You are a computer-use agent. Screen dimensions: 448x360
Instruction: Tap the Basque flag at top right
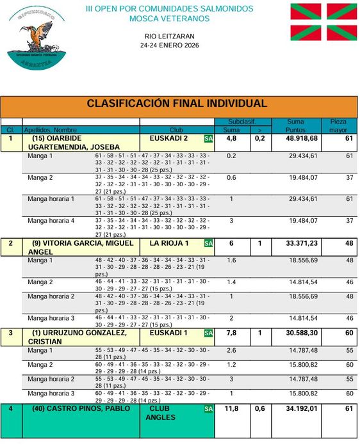point(323,21)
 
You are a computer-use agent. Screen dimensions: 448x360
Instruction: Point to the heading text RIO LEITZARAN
point(170,37)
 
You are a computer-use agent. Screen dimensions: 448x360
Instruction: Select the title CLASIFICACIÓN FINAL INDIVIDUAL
point(176,104)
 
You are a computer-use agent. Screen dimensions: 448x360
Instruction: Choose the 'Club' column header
point(176,130)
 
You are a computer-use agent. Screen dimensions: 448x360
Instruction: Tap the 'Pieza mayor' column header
point(338,125)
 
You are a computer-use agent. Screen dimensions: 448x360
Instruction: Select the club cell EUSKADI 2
point(168,138)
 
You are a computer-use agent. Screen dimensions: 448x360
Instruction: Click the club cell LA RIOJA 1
point(169,243)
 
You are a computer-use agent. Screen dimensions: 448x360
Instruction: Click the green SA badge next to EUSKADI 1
point(208,333)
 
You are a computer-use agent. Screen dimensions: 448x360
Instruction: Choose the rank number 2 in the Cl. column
point(11,243)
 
